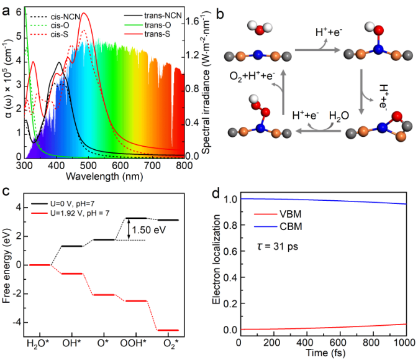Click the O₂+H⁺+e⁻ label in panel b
(255, 76)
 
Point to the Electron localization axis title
(216, 266)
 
